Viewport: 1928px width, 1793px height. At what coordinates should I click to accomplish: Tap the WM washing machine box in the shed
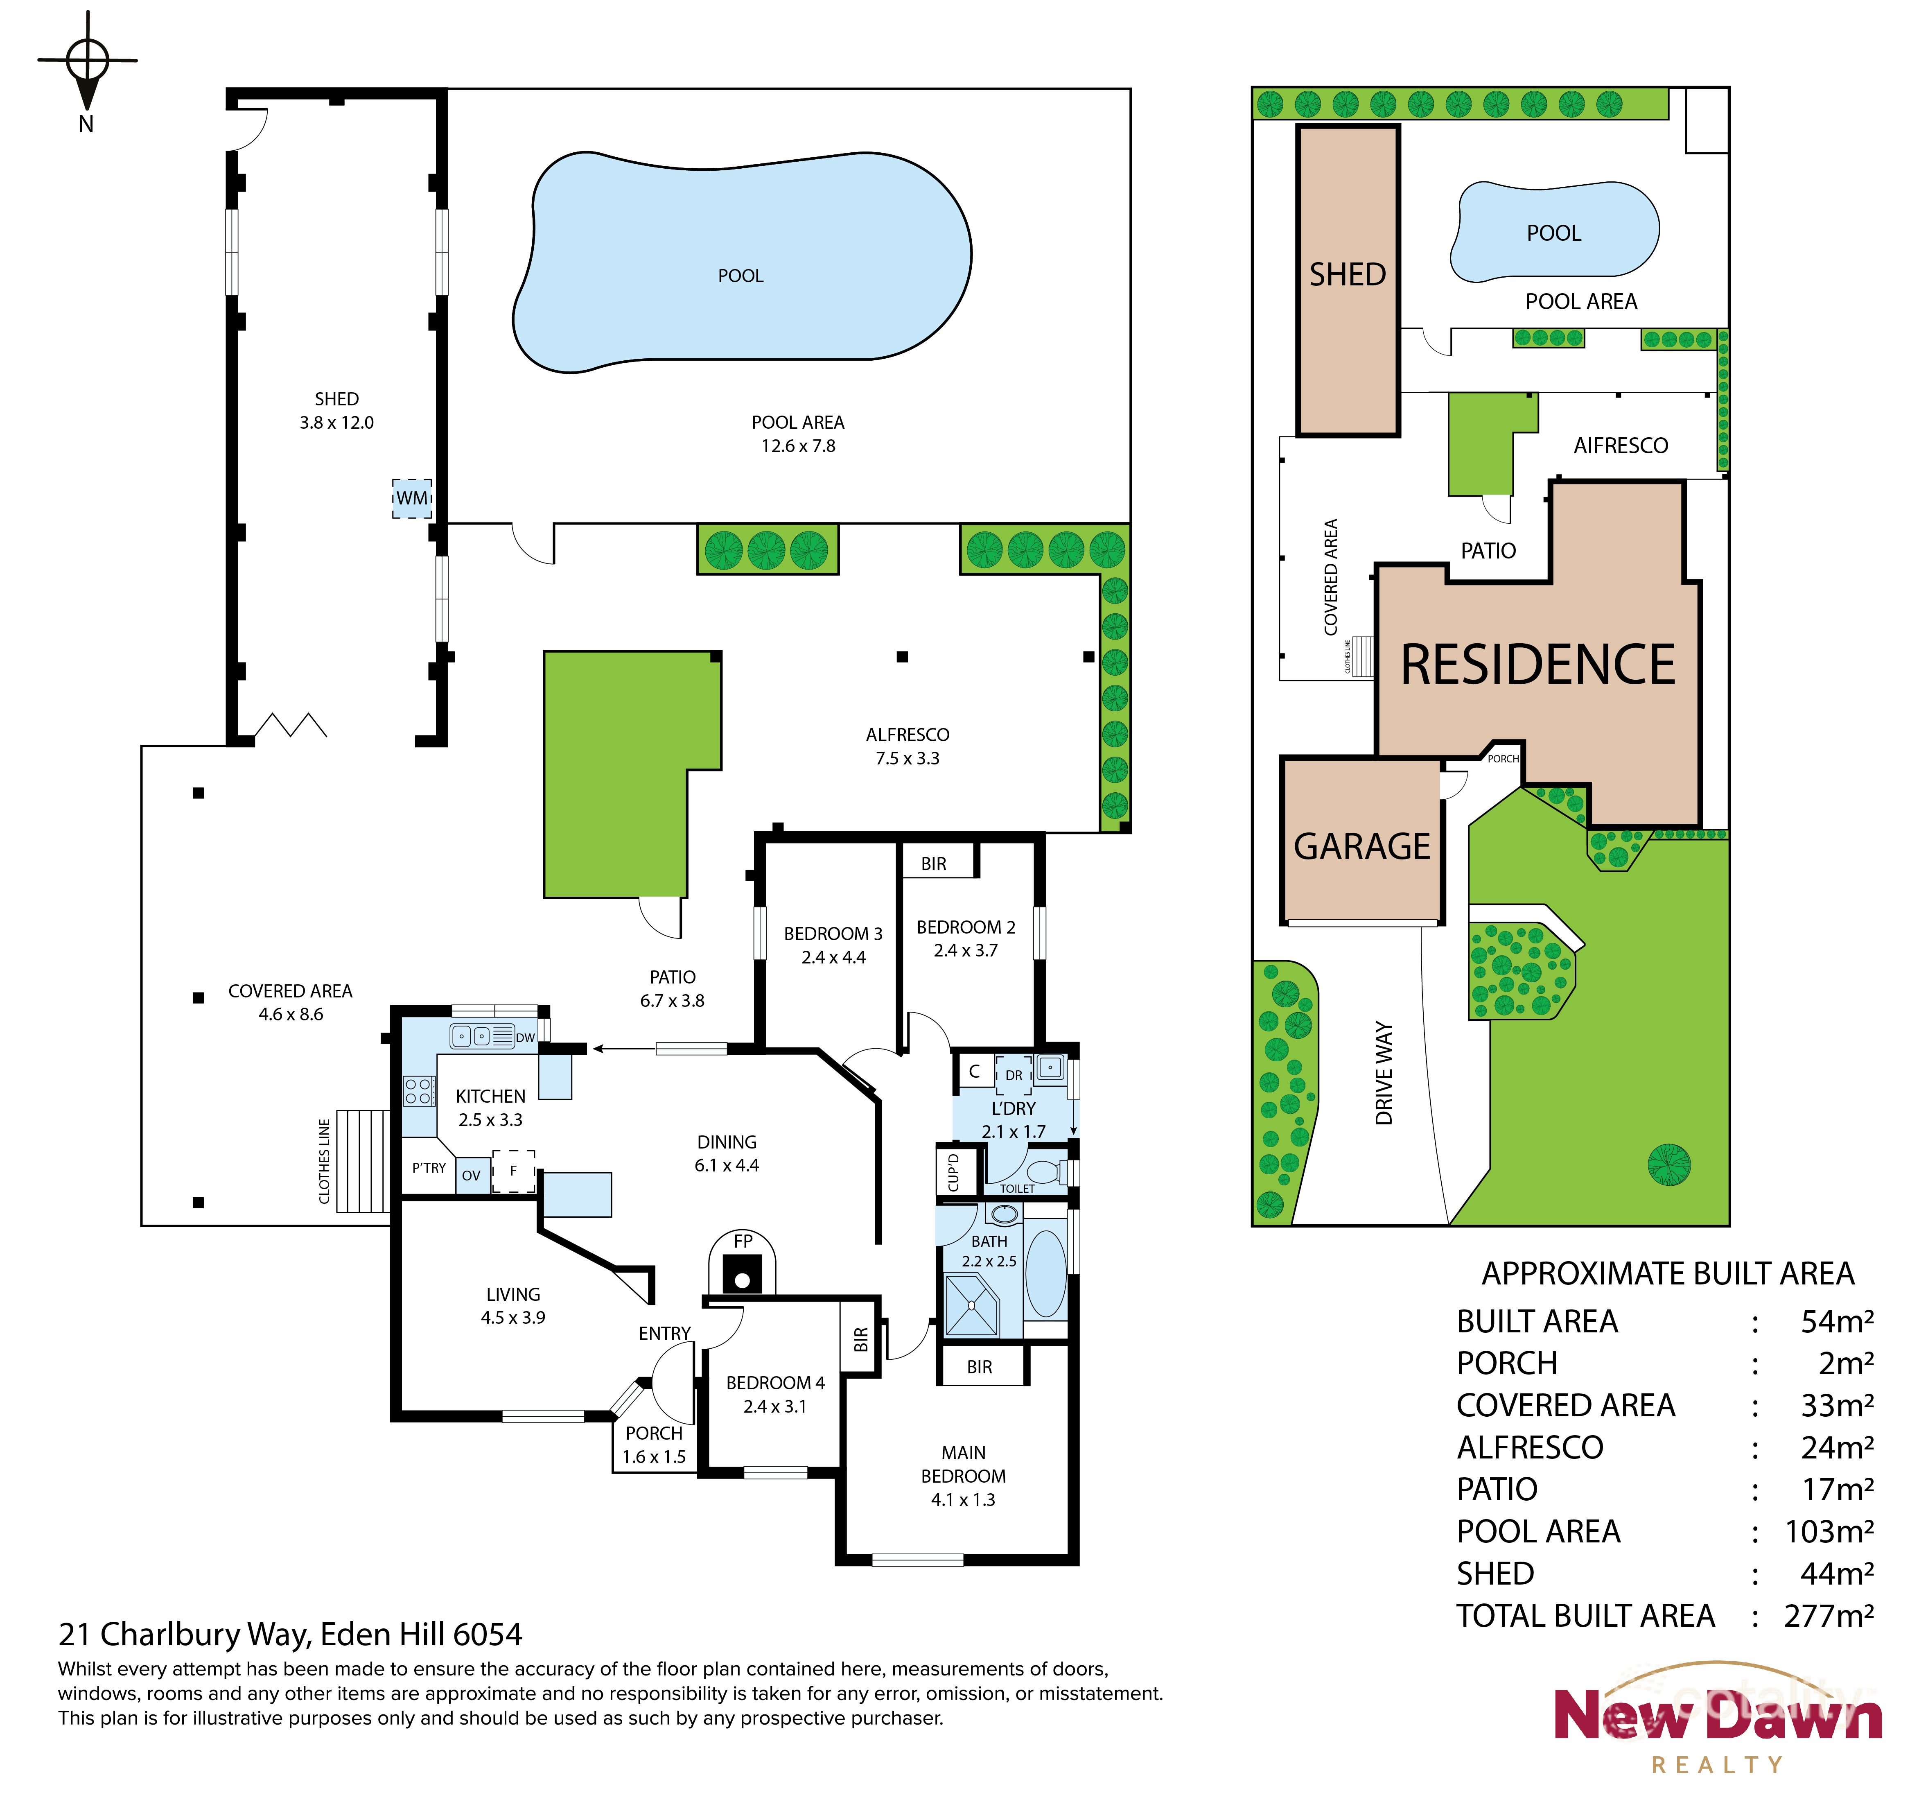coord(411,498)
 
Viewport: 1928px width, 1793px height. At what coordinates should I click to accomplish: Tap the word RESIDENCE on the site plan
coord(1538,666)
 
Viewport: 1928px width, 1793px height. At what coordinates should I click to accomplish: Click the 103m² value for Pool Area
coord(1828,1532)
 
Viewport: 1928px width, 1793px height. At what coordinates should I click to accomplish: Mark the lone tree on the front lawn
coord(1669,1162)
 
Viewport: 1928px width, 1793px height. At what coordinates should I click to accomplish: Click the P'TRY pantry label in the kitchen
coord(429,1168)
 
